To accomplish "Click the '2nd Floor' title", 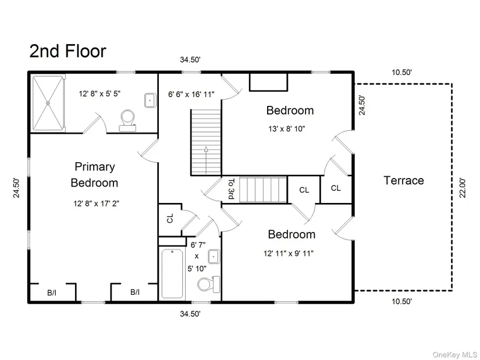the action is point(67,51).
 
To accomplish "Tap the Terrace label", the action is point(404,180).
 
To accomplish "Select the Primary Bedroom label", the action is point(94,174).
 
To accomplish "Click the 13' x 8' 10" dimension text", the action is point(287,129).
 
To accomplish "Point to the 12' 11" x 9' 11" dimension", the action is point(289,254).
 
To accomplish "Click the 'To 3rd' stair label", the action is point(232,188).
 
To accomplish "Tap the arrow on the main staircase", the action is point(206,160).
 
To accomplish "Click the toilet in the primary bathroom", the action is point(127,120).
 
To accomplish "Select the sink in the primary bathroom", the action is point(150,100).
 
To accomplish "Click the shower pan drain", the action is point(48,104).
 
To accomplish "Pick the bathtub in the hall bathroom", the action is point(172,273).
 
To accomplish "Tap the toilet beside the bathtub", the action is point(208,284).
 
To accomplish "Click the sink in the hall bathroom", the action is point(214,256).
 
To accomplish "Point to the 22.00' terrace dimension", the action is point(463,188).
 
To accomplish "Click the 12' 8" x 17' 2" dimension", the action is point(96,204).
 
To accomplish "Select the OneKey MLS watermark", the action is point(454,355).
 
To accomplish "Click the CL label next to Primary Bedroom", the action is point(170,218).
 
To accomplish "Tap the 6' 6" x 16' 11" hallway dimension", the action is point(191,94).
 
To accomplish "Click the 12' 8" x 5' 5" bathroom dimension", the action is point(100,94).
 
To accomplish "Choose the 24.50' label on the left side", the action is point(16,188).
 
